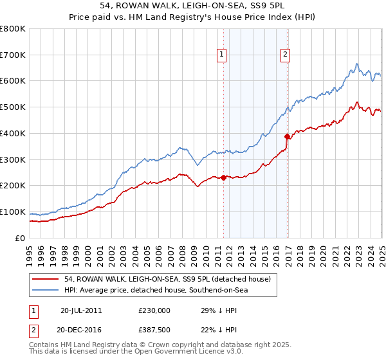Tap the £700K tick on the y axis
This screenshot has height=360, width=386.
click(x=13, y=55)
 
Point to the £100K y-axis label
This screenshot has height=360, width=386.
click(x=13, y=212)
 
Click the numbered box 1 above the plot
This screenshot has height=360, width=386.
click(x=221, y=55)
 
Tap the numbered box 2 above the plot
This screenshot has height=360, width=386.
click(x=284, y=55)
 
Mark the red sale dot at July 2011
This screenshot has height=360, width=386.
click(x=223, y=177)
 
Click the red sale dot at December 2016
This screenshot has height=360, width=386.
click(x=287, y=136)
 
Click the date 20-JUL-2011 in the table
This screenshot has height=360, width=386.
click(x=81, y=310)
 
